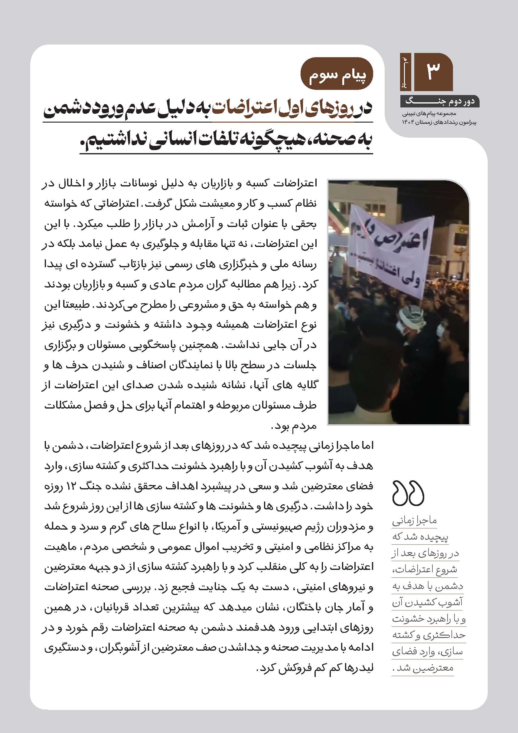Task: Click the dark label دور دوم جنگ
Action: pyautogui.click(x=440, y=102)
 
